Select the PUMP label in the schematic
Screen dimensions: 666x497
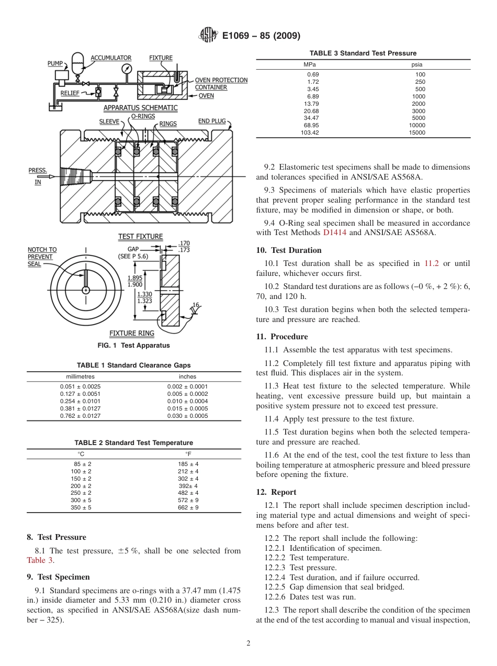pos(55,63)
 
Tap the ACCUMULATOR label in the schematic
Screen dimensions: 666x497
pos(111,58)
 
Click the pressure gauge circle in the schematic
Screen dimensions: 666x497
pos(126,69)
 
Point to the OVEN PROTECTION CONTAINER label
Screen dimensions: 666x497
pos(221,84)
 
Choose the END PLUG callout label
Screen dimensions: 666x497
pos(212,121)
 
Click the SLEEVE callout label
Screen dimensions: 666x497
pos(109,121)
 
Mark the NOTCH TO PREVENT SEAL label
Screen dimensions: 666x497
pos(42,257)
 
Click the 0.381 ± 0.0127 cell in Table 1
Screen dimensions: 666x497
pos(80,408)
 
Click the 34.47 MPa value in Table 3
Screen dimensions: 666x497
pos(311,118)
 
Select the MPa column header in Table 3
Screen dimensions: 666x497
pos(310,64)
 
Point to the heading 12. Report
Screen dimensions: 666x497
pos(276,492)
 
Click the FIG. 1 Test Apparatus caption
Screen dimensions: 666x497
pos(133,346)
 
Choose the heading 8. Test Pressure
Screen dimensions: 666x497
pos(57,537)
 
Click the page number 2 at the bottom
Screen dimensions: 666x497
pos(249,643)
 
